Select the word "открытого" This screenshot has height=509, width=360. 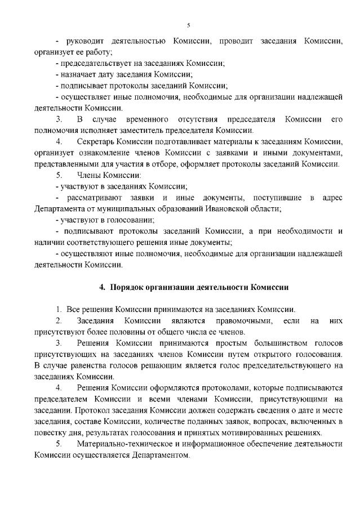279,354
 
